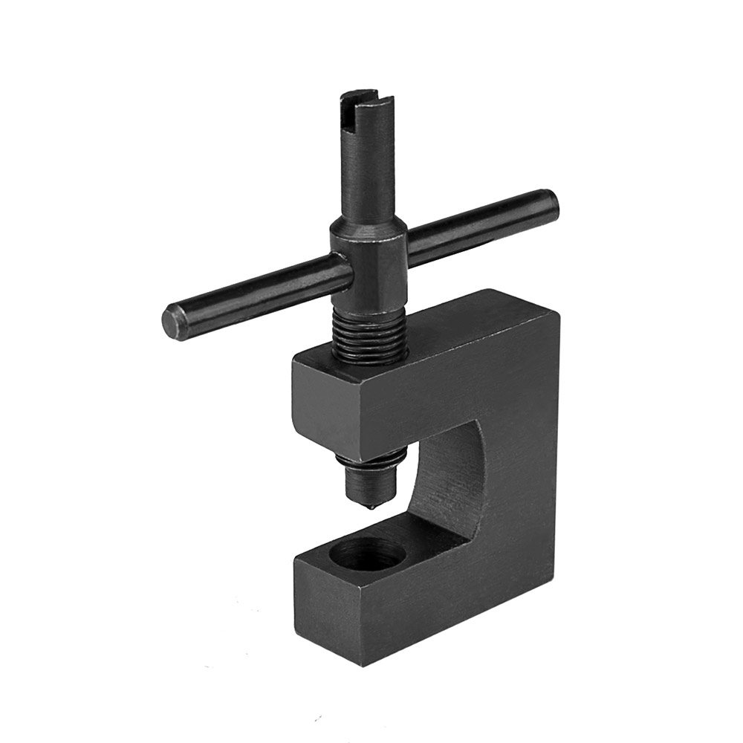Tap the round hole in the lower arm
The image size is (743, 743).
[368, 554]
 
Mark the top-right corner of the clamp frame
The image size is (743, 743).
[554, 301]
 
